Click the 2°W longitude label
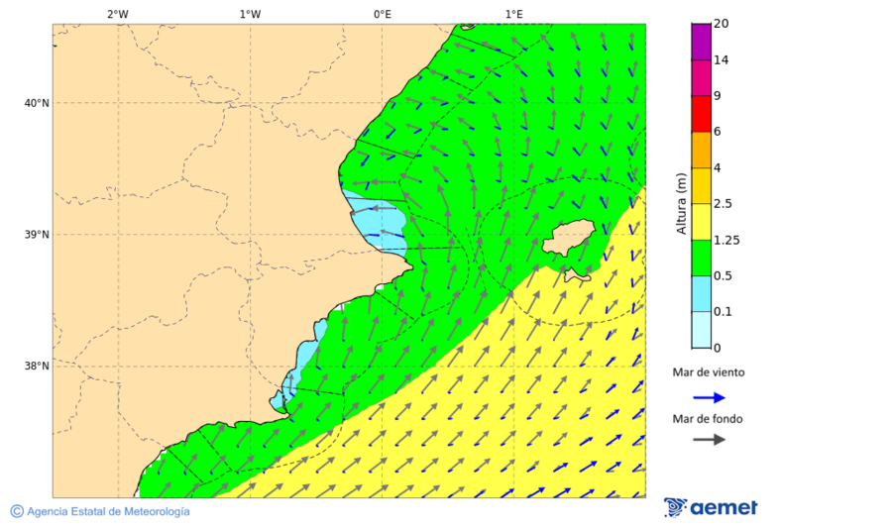click(x=117, y=14)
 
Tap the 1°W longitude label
click(x=250, y=14)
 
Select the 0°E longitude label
click(x=382, y=14)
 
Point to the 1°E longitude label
click(x=513, y=14)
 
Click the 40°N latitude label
click(x=37, y=103)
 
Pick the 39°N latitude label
click(x=37, y=235)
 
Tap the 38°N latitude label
click(x=37, y=367)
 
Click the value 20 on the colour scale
click(x=721, y=24)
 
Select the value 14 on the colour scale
click(x=721, y=59)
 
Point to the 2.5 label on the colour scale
click(x=724, y=203)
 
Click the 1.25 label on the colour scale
click(x=726, y=240)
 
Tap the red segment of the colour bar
click(x=701, y=113)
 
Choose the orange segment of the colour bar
click(x=701, y=150)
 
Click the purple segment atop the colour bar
click(x=701, y=41)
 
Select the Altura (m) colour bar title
click(x=681, y=203)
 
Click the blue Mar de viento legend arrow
click(x=708, y=397)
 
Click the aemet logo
click(x=711, y=507)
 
